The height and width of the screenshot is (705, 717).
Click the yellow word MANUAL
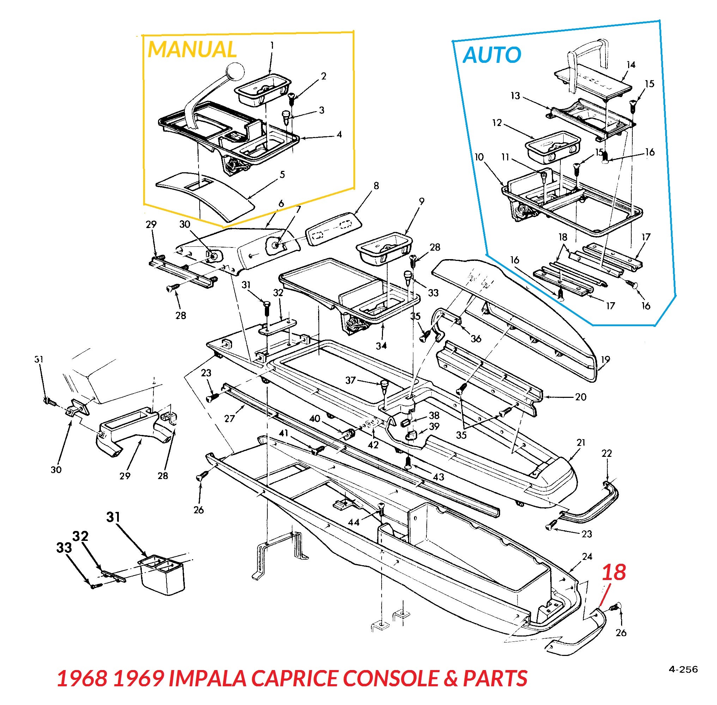(x=192, y=49)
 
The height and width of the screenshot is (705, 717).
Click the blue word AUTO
(x=492, y=55)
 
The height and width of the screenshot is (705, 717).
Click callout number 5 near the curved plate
(x=282, y=174)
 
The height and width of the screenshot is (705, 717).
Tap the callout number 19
(x=605, y=359)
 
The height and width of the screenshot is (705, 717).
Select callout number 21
(x=581, y=442)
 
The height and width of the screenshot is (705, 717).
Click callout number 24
(x=587, y=556)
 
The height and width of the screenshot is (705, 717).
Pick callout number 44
(x=353, y=522)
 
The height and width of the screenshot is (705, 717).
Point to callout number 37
(x=350, y=380)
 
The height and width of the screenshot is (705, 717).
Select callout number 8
(x=376, y=185)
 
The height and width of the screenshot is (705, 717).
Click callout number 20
(x=581, y=397)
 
